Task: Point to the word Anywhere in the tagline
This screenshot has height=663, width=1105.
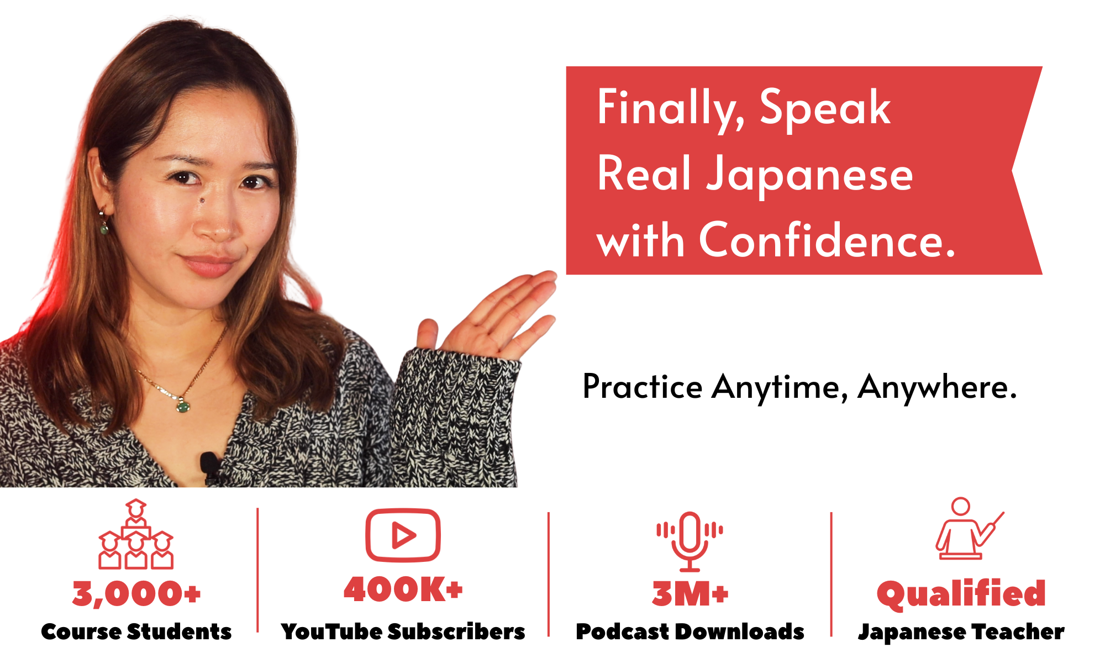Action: pyautogui.click(x=937, y=387)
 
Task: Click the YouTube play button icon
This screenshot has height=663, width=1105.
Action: pyautogui.click(x=403, y=535)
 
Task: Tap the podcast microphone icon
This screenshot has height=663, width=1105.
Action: pyautogui.click(x=690, y=541)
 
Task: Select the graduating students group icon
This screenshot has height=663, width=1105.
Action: pyautogui.click(x=136, y=534)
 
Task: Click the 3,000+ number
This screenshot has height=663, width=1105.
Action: pyautogui.click(x=136, y=594)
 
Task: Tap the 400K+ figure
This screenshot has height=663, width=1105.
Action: pyautogui.click(x=403, y=589)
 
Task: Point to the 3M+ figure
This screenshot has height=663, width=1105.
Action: pyautogui.click(x=690, y=594)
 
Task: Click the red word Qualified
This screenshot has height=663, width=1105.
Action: pyautogui.click(x=961, y=594)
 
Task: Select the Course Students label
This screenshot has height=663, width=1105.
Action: pyautogui.click(x=136, y=632)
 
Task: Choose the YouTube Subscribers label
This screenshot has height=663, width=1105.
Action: pyautogui.click(x=403, y=632)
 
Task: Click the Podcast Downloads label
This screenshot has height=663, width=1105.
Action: pyautogui.click(x=690, y=632)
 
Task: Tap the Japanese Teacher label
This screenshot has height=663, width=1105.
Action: pyautogui.click(x=961, y=632)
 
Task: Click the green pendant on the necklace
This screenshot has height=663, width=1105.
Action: pyautogui.click(x=183, y=407)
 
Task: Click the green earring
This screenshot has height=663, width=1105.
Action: pyautogui.click(x=104, y=228)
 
